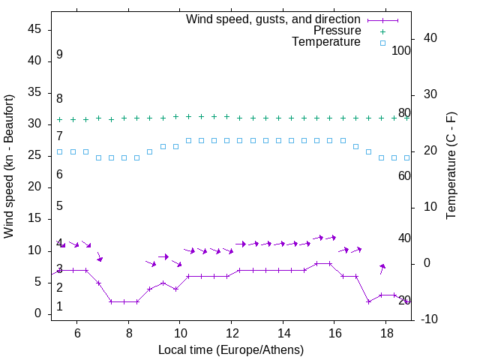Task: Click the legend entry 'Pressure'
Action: pos(337,31)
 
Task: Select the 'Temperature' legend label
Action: pos(326,42)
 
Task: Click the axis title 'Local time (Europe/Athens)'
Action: pos(231,349)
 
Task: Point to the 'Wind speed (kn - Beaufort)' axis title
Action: pos(9,166)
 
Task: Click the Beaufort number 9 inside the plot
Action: pos(59,55)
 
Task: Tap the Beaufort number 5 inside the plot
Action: pos(59,206)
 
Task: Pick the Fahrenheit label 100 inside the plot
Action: pos(402,50)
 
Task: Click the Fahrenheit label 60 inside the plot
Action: pos(404,175)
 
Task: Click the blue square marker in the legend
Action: pos(382,43)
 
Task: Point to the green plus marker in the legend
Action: pos(382,31)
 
